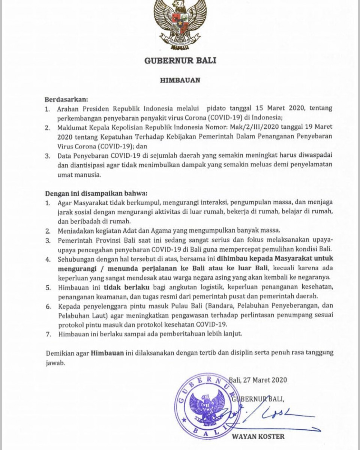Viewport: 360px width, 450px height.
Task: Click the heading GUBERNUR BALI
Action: click(180, 60)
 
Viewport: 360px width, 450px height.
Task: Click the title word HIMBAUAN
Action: click(180, 80)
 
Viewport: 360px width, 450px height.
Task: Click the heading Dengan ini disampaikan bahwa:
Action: click(97, 193)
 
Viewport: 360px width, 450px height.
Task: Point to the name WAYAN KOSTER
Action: click(258, 436)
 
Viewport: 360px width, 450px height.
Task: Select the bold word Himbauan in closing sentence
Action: click(106, 354)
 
